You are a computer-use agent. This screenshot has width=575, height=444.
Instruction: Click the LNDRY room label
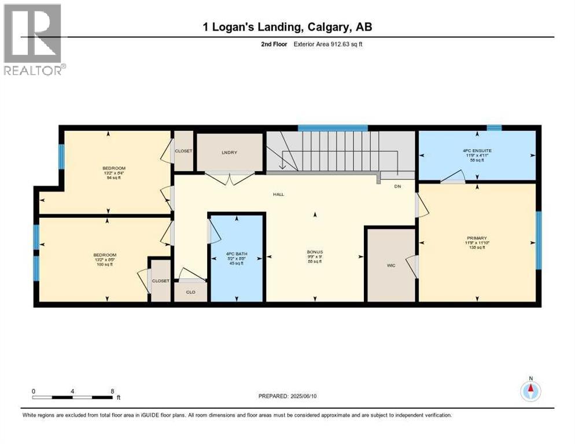tap(226, 152)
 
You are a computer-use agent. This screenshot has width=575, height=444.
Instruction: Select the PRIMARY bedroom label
tap(477, 238)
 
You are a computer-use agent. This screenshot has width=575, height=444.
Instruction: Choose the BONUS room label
tap(315, 252)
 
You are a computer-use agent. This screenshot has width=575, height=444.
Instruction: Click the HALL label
tap(278, 194)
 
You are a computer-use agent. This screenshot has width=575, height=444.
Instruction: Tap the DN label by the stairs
tap(397, 186)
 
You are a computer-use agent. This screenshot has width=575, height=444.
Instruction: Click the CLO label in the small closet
tap(190, 292)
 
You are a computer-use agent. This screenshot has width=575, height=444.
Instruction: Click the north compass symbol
tap(530, 390)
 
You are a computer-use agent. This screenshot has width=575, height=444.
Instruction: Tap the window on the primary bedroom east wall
tap(538, 240)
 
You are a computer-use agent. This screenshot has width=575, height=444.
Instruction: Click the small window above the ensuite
tap(494, 128)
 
